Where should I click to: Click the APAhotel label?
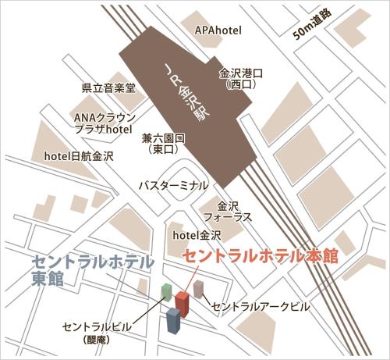[x=218, y=30]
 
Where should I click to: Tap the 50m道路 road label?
[x=311, y=27]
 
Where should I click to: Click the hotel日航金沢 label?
[x=79, y=156]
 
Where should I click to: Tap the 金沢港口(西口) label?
[x=236, y=77]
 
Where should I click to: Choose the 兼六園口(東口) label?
[x=163, y=142]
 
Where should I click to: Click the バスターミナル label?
[x=172, y=186]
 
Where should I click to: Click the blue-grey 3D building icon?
[x=173, y=320]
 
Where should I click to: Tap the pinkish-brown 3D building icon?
[x=199, y=290]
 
